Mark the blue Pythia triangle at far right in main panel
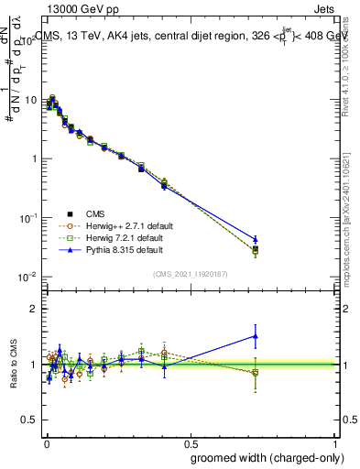(x=256, y=239)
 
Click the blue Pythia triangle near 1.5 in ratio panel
(x=256, y=336)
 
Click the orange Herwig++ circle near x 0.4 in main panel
(x=164, y=181)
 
